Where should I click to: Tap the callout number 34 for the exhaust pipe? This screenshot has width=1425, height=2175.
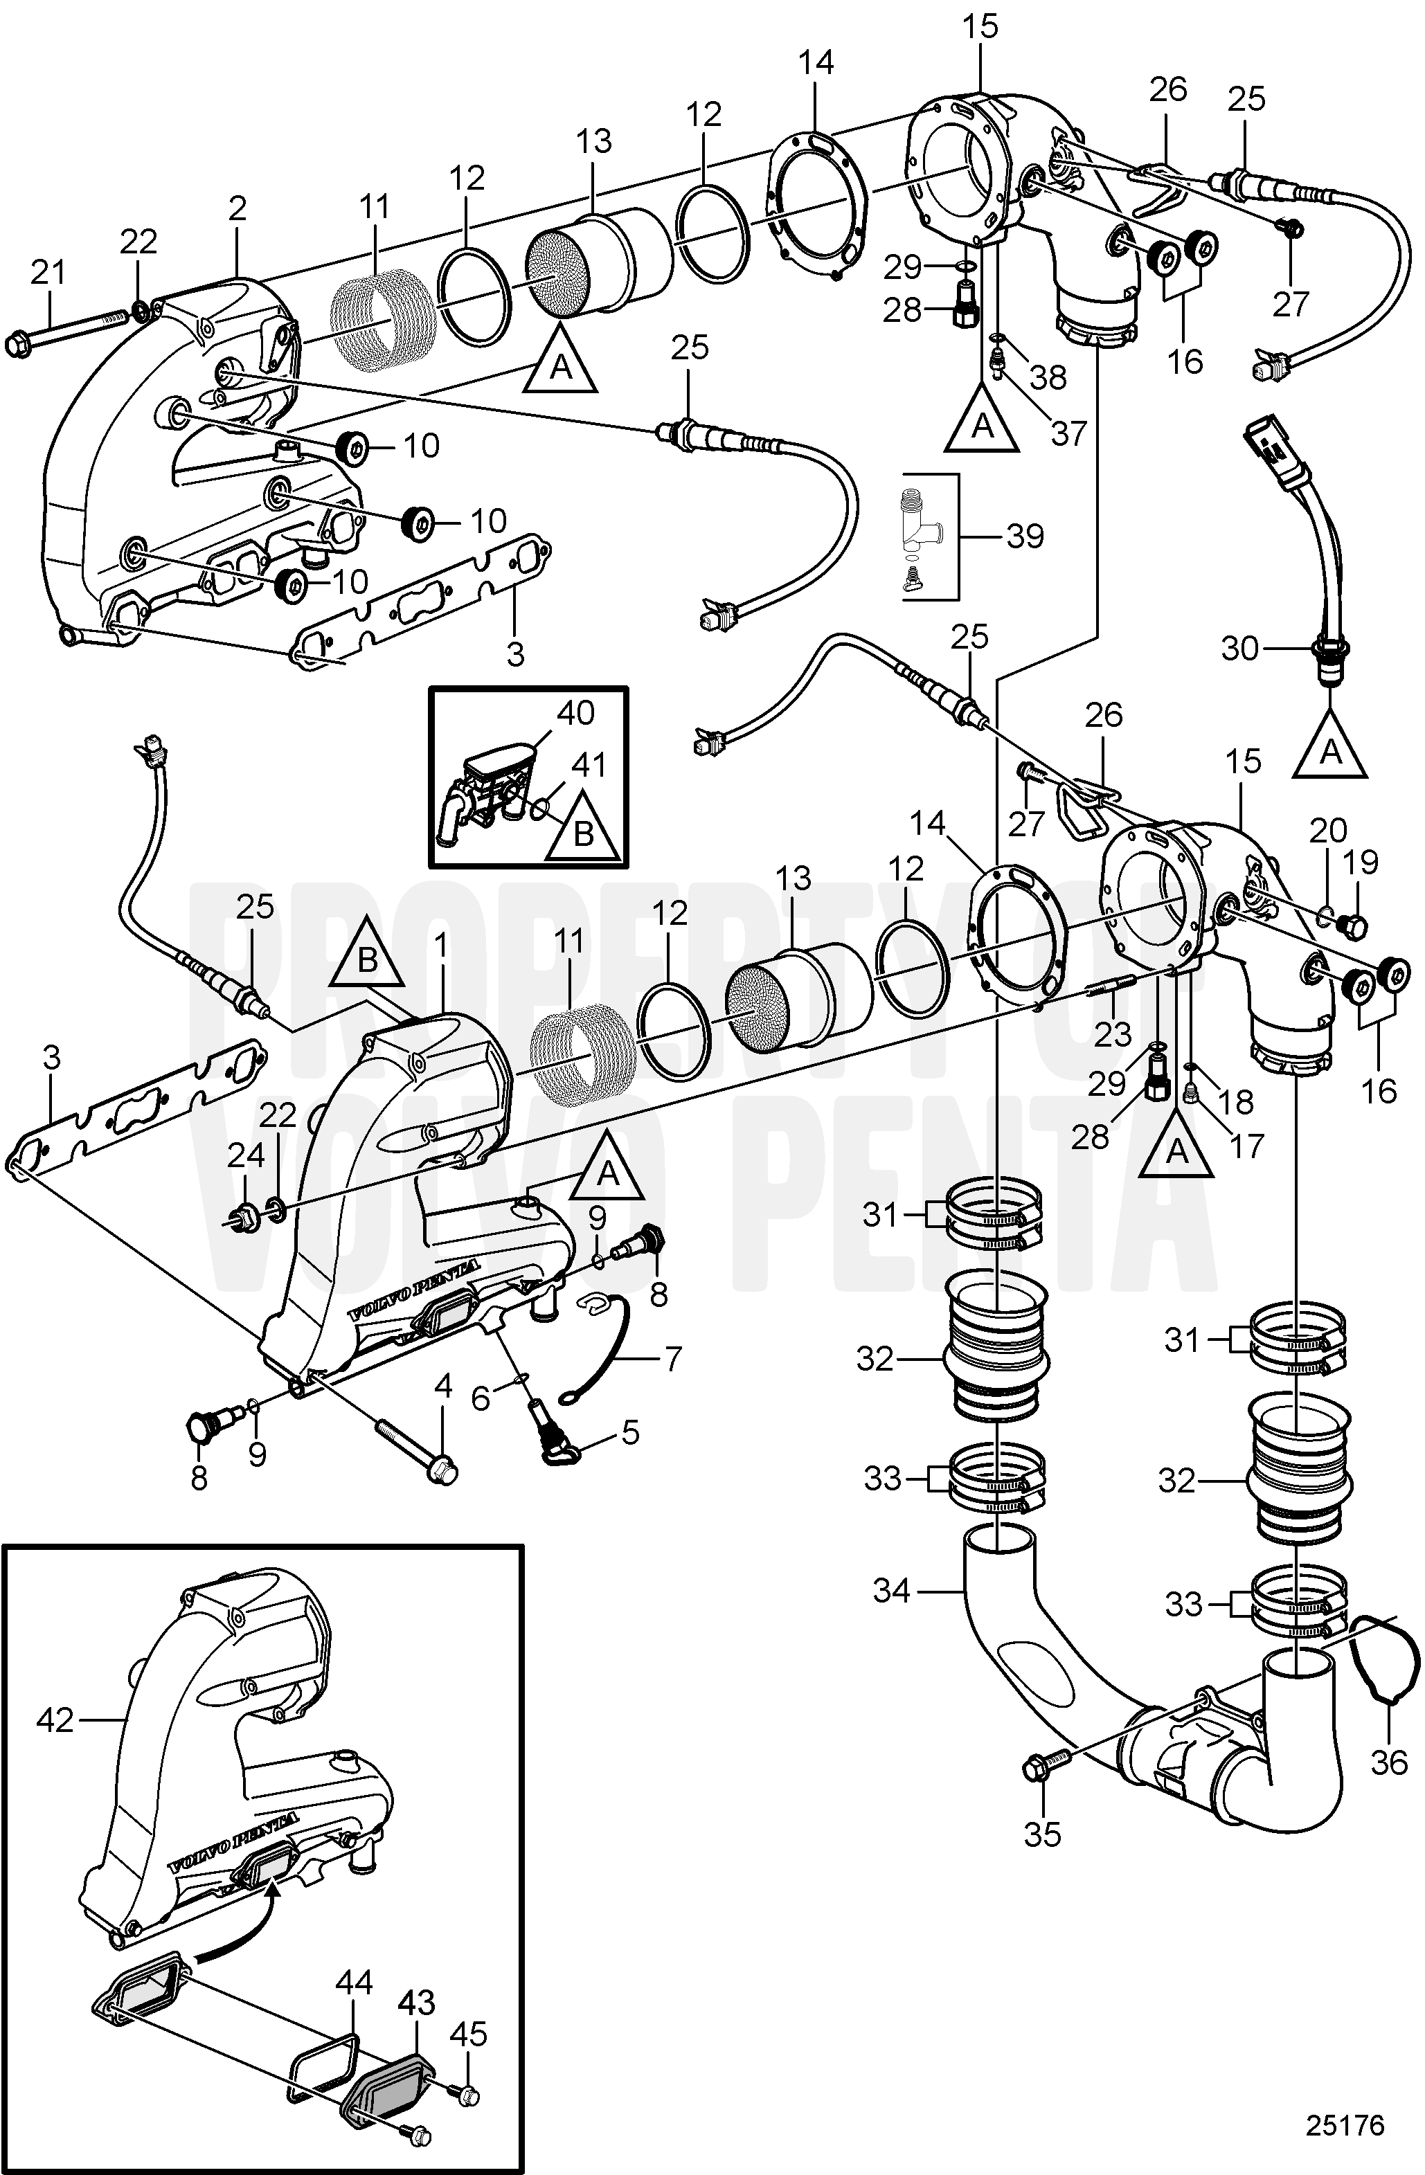(x=892, y=1591)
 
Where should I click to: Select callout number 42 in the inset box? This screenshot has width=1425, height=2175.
(x=55, y=1720)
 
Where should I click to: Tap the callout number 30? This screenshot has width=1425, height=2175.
(x=1240, y=649)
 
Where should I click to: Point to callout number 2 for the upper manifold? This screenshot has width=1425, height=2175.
(x=238, y=208)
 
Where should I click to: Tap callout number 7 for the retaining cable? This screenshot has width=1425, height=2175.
(x=673, y=1359)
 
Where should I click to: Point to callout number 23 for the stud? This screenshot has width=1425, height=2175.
(x=1113, y=1034)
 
